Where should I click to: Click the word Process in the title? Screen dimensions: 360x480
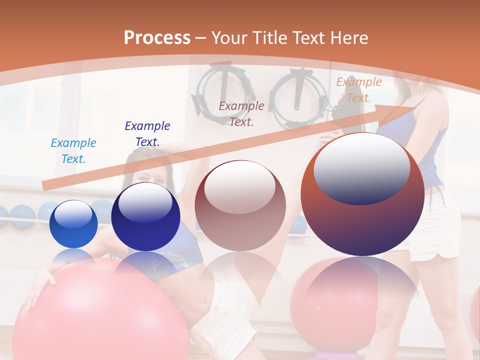click(157, 37)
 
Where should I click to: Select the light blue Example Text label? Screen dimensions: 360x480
click(73, 151)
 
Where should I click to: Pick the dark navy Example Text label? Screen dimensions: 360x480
click(147, 133)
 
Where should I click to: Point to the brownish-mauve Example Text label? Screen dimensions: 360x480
click(241, 113)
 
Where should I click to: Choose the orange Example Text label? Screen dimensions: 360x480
click(358, 90)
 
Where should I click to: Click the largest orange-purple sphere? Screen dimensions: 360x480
click(362, 220)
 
